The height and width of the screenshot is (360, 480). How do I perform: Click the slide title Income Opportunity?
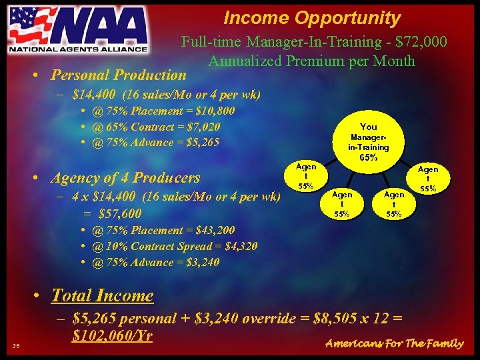point(312,18)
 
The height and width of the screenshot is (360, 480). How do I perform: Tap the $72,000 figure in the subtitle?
point(421,42)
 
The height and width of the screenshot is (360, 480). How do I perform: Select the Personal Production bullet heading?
point(119,75)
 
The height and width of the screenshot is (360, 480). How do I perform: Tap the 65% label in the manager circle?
point(369,158)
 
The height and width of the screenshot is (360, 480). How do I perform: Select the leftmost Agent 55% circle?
point(306,176)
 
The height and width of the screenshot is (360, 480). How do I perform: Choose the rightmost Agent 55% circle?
point(428,179)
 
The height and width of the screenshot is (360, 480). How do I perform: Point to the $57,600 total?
point(119,213)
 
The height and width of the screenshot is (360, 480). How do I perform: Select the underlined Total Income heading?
point(102,295)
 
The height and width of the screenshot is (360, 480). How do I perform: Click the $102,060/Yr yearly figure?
point(113,335)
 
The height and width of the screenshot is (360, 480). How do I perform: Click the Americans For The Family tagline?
point(393,343)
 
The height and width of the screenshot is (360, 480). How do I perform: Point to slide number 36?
point(16,345)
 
